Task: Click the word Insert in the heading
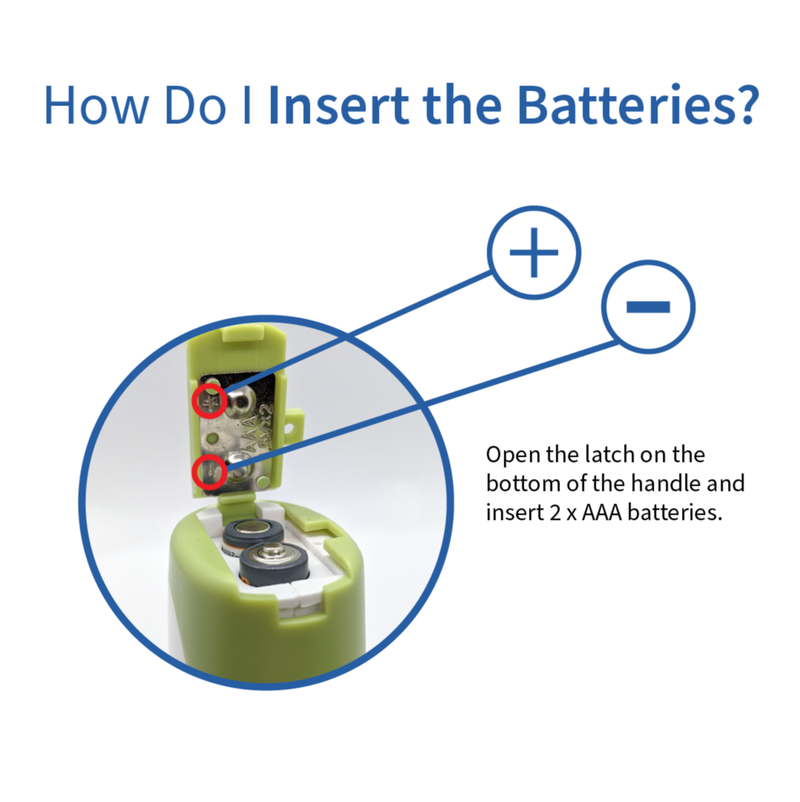pos(339,105)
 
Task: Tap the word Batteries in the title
pos(626,105)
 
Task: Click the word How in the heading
pos(96,105)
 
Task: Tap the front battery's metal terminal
pos(272,550)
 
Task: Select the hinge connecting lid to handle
pos(237,503)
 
